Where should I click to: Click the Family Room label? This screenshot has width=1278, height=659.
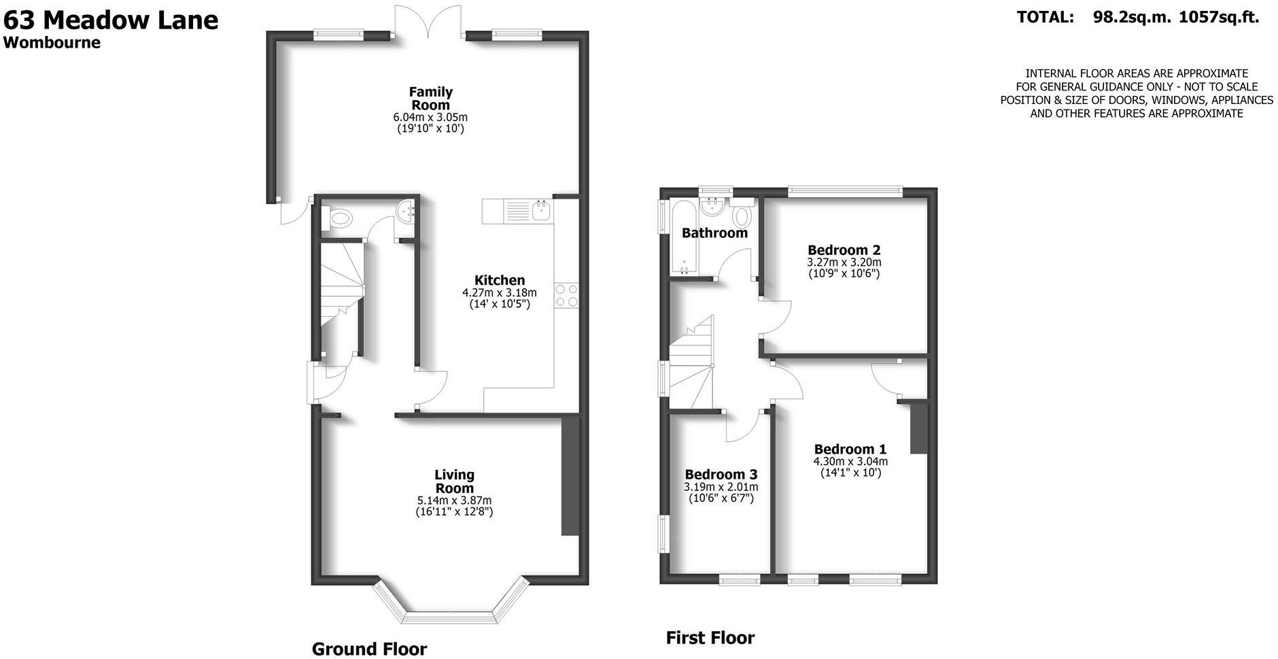[430, 99]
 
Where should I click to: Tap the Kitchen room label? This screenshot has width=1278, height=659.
[500, 280]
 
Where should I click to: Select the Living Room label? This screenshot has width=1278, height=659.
[454, 481]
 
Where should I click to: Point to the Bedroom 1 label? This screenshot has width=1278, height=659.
[850, 450]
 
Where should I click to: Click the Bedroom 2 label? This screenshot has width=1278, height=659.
[844, 250]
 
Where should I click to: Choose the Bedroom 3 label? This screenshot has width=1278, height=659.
[721, 475]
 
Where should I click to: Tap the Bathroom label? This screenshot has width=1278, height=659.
[714, 233]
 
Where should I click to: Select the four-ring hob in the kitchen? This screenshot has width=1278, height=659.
[567, 296]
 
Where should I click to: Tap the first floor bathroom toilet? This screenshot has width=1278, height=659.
[742, 216]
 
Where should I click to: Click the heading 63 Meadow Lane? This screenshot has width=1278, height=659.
[111, 20]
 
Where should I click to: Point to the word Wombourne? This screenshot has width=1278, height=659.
[52, 43]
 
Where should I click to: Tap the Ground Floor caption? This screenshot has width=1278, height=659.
[369, 649]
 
